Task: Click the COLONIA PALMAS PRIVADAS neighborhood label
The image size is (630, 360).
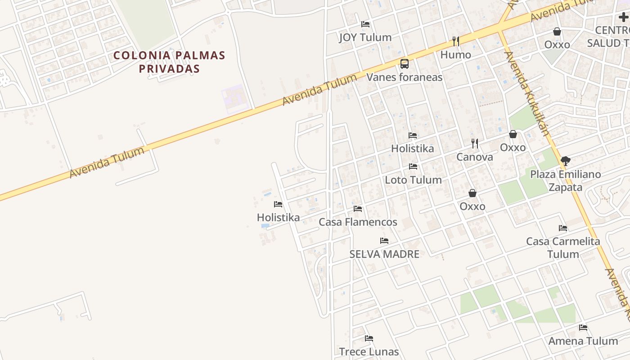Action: (x=169, y=62)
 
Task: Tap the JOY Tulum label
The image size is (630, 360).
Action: (x=365, y=37)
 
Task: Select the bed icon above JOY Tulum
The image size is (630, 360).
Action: (x=365, y=24)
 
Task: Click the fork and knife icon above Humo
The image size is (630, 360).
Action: (x=456, y=41)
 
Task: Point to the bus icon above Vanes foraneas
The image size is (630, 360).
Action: (x=405, y=64)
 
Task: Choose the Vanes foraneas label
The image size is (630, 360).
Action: (x=405, y=77)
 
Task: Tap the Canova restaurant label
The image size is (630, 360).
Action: (x=475, y=157)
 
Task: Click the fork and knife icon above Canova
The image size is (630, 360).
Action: (x=475, y=144)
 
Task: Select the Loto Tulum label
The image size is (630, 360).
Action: (x=413, y=180)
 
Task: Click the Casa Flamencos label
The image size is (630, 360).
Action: (x=358, y=222)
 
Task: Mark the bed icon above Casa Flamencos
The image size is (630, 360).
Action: (x=358, y=209)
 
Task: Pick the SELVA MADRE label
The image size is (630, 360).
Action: (x=384, y=254)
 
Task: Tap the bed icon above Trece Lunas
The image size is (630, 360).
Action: (x=369, y=338)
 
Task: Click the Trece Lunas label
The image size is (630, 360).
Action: (x=369, y=351)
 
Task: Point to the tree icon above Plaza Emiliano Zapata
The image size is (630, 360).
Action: (x=566, y=161)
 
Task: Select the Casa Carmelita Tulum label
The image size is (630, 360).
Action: (x=563, y=247)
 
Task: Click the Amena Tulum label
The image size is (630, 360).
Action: (x=583, y=341)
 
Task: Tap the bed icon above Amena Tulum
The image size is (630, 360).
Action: (x=583, y=328)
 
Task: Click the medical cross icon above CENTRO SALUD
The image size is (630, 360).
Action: (x=623, y=17)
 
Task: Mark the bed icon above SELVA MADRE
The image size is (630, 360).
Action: (x=384, y=241)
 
